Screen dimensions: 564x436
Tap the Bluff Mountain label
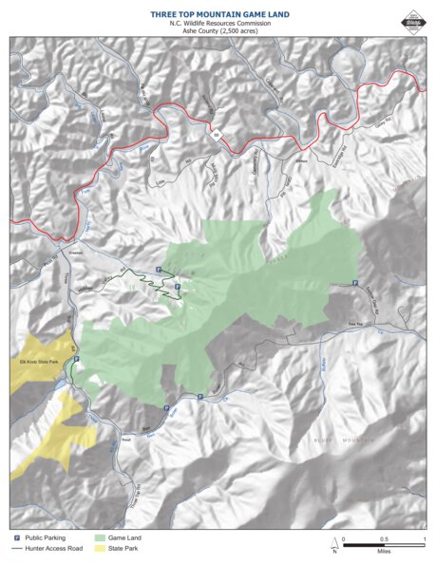click(x=336, y=440)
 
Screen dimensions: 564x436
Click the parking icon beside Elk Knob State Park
click(x=76, y=359)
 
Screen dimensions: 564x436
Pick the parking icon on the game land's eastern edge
click(x=355, y=284)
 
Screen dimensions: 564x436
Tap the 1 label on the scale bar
click(x=424, y=538)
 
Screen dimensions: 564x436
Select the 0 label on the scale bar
click(x=344, y=538)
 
